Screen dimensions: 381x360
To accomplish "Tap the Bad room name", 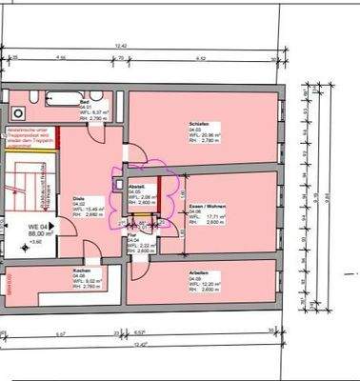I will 85,100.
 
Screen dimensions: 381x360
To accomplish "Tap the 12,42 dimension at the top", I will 121,46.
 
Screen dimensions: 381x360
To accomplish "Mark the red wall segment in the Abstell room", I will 159,187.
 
